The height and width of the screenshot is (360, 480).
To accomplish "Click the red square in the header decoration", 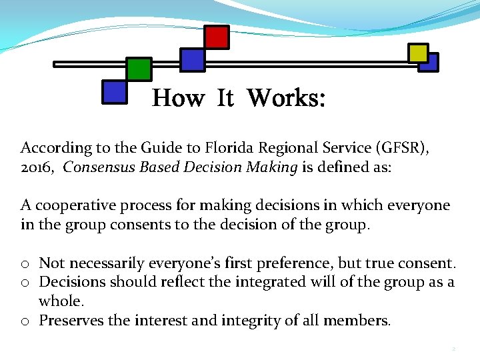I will [x=216, y=37].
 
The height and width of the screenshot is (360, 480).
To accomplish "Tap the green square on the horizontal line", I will [x=139, y=69].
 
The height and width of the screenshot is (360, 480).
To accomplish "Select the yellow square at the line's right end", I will [x=418, y=53].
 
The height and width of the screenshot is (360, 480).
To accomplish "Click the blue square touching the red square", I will [x=193, y=59].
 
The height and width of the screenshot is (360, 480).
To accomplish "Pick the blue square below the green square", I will [x=114, y=91].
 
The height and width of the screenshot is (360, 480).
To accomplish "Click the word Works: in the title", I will [x=286, y=99].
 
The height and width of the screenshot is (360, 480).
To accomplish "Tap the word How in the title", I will [x=178, y=99].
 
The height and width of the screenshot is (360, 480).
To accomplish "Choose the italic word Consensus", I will [x=99, y=167].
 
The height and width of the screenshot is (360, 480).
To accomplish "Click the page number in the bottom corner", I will [x=453, y=349].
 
